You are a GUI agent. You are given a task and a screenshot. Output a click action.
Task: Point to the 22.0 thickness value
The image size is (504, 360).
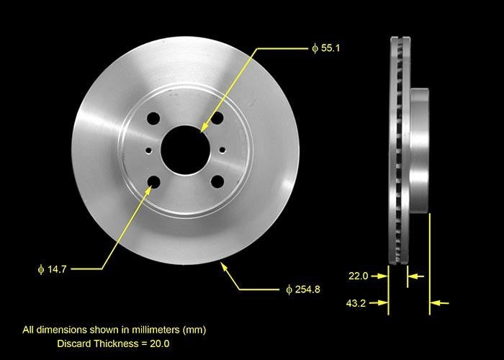click(359, 276)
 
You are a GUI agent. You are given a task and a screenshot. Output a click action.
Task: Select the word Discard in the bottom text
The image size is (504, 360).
click(74, 343)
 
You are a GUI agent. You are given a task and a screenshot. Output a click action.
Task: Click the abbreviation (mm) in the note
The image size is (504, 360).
click(194, 330)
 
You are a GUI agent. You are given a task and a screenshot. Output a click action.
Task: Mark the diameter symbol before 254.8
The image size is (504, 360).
click(289, 289)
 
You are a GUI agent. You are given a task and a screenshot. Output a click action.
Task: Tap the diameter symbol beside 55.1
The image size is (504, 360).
click(315, 49)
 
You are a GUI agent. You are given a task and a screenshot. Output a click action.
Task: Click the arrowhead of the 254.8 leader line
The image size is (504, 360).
click(224, 267)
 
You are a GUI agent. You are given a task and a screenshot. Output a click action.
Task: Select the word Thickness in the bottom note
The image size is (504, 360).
click(118, 343)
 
